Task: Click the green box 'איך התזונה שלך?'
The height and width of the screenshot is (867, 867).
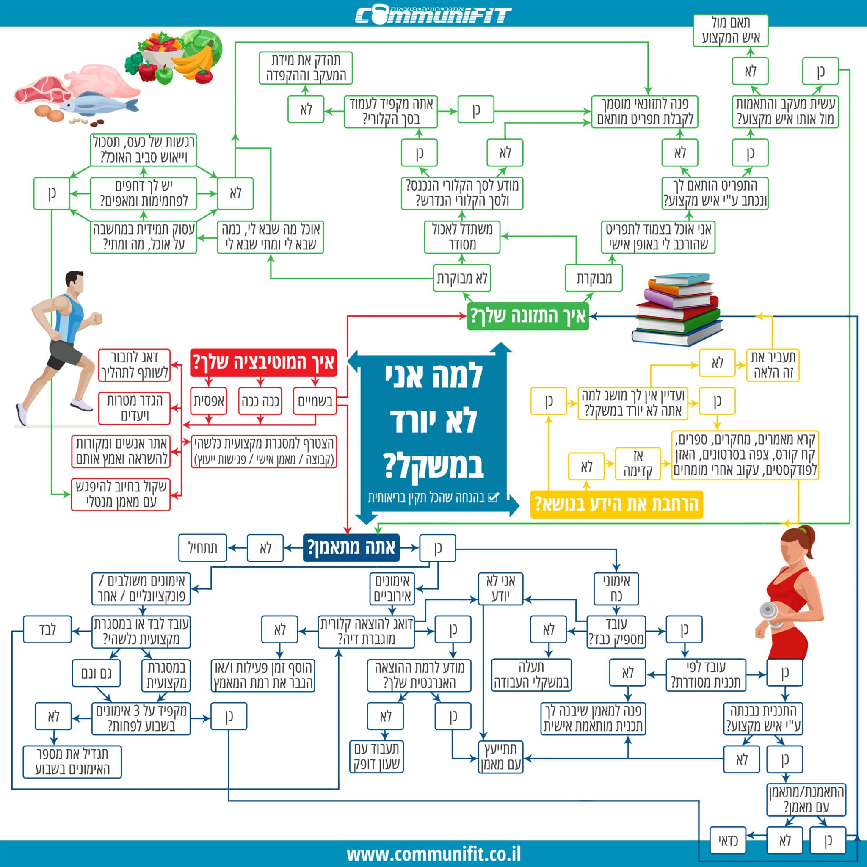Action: (x=528, y=316)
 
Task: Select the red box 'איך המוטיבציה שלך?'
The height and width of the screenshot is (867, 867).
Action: (x=263, y=362)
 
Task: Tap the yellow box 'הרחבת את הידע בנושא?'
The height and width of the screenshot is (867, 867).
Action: (x=616, y=504)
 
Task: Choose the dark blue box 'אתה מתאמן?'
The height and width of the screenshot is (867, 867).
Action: (x=351, y=547)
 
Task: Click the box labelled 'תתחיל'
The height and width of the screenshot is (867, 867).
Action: (x=202, y=547)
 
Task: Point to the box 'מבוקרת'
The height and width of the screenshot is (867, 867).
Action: (x=593, y=278)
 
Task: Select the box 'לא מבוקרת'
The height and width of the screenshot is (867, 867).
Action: (x=462, y=278)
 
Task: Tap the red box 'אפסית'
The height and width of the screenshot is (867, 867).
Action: (x=209, y=401)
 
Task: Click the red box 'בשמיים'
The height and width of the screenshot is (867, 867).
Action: (x=315, y=401)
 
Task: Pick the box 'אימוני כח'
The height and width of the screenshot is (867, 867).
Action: (x=616, y=588)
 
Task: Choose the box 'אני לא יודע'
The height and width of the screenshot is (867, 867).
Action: (x=500, y=588)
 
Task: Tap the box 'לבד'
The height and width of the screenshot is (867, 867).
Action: (x=47, y=629)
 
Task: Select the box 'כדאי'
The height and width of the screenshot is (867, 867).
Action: (x=728, y=840)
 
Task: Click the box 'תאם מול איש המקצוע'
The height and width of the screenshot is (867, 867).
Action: (x=730, y=30)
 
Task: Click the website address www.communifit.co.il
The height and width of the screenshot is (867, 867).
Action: (x=433, y=853)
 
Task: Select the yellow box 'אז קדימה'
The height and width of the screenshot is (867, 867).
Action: (x=638, y=464)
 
